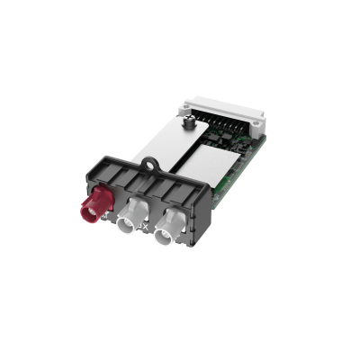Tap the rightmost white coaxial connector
click(167, 235)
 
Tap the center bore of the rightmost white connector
click(164, 239)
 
